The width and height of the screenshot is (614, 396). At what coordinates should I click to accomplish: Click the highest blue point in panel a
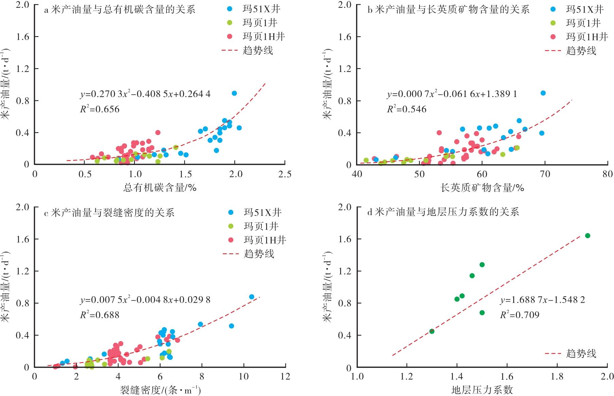tap(234, 93)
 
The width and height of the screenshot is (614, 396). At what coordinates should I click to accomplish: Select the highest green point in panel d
tap(588, 236)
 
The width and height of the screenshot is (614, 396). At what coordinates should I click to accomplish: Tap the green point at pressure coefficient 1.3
tap(432, 331)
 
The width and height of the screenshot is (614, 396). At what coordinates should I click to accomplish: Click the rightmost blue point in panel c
tap(252, 297)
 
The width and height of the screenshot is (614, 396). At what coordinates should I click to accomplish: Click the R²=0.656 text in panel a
tap(100, 109)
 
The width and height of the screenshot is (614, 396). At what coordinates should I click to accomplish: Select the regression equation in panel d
tap(542, 300)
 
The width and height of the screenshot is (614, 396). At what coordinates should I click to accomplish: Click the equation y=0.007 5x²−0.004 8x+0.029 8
tap(145, 300)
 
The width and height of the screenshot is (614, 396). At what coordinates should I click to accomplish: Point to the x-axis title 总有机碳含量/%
tap(160, 188)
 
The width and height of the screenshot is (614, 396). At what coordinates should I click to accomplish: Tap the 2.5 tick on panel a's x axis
tap(284, 174)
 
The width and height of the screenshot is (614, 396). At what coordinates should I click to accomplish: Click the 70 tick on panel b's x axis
tap(545, 174)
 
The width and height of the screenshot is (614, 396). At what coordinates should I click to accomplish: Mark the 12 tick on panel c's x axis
tap(285, 377)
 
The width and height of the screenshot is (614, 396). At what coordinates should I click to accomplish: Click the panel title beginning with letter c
tap(109, 213)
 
